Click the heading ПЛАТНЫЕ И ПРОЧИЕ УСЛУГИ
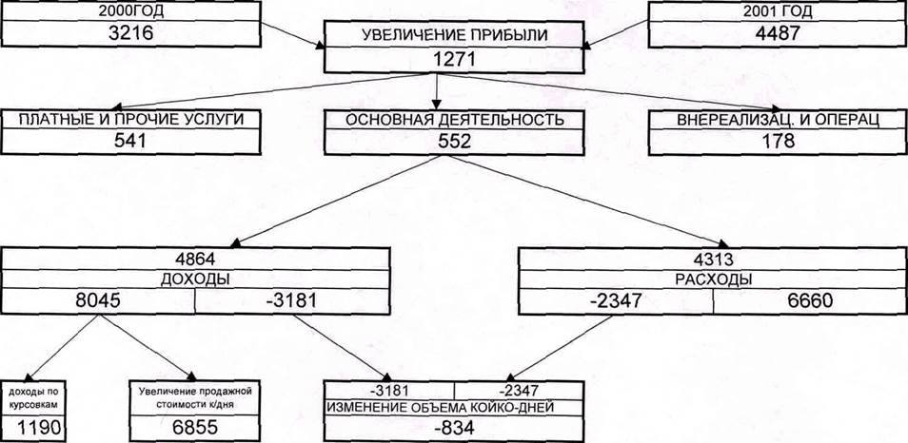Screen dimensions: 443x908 128,120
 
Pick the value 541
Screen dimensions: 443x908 126,141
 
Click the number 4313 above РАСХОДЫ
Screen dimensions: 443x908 713,258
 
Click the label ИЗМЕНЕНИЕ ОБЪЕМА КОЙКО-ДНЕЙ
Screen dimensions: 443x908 454,407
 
